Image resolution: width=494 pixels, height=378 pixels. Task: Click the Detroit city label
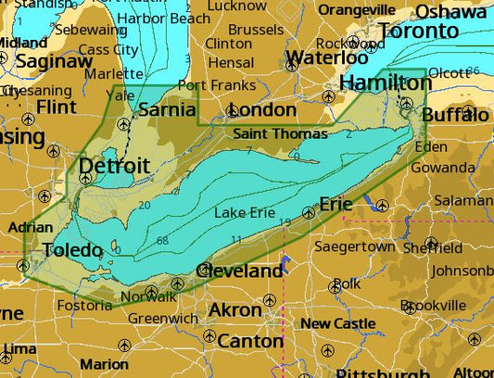(x=114, y=166)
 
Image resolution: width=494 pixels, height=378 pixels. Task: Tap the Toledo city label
(x=72, y=250)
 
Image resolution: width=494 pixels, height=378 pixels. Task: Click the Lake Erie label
(x=244, y=213)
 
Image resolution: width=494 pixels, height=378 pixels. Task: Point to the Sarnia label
(x=167, y=110)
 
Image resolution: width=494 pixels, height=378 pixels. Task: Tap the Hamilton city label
(x=381, y=83)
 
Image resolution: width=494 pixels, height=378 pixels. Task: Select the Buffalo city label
(x=454, y=115)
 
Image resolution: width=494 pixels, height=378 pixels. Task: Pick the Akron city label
(x=234, y=309)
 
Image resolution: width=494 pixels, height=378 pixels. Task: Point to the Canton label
(x=251, y=341)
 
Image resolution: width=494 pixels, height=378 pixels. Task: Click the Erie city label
(x=336, y=203)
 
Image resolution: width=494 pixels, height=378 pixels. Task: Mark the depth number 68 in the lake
(x=162, y=241)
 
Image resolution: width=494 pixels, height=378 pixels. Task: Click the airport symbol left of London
(x=233, y=111)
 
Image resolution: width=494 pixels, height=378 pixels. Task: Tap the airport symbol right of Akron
(x=270, y=300)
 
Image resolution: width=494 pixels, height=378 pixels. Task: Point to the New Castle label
(x=337, y=323)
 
